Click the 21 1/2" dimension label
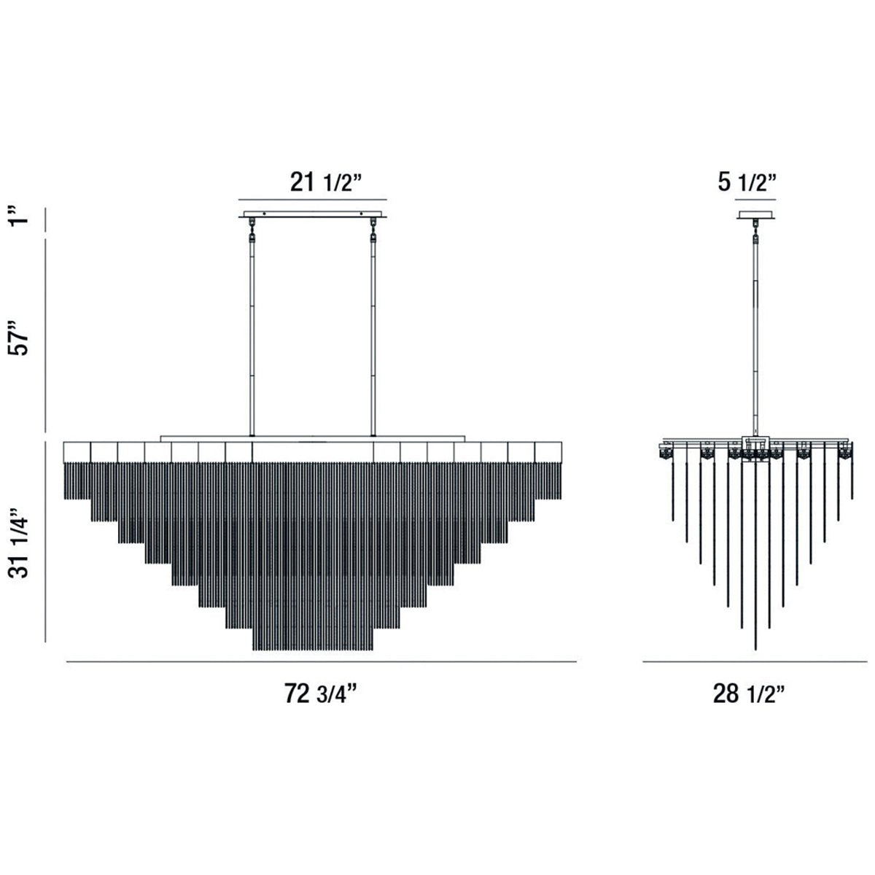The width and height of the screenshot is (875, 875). tap(322, 182)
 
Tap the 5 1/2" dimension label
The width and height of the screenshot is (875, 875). tap(747, 182)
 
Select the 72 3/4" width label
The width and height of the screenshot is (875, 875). tap(322, 694)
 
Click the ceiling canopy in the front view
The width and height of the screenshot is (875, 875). tap(313, 215)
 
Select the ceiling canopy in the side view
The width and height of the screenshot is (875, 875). tap(755, 215)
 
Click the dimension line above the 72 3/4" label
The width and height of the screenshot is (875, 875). tap(322, 662)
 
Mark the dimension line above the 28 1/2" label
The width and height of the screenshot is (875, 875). tap(755, 662)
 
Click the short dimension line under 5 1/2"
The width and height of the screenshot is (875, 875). tap(755, 199)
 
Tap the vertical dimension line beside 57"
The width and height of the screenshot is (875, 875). tap(47, 336)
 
